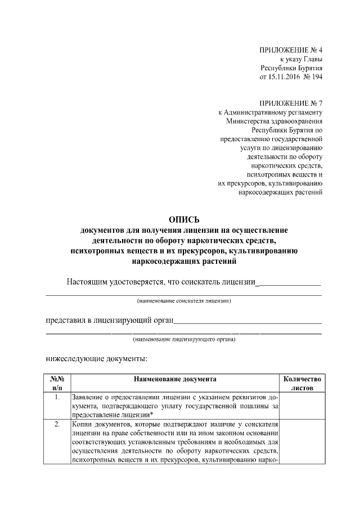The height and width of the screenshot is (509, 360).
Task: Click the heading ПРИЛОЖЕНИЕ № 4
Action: point(291,50)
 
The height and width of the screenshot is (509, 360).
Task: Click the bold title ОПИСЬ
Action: point(184,220)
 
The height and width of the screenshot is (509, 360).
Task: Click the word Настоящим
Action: point(86,282)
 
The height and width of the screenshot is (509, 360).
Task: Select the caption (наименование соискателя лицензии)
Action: point(184,301)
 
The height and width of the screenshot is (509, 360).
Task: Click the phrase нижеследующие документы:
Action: point(96,358)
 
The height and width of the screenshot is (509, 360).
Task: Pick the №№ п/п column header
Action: point(57,384)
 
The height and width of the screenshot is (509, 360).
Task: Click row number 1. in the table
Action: point(57,398)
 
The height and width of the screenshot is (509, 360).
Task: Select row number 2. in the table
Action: point(57,424)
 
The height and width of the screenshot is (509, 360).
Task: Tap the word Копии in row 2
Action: point(84,424)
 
